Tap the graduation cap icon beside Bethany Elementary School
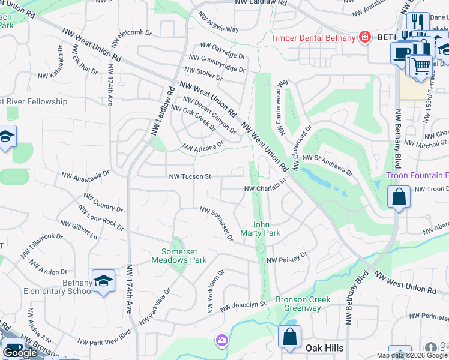point(103,281)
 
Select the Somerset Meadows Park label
point(184,256)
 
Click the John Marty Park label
point(261,229)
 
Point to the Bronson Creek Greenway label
point(298,304)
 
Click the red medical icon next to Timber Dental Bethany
point(364,37)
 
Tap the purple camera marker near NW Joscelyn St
point(222,341)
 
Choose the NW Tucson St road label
point(190,177)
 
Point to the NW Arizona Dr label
point(203,146)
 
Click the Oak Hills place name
point(325,349)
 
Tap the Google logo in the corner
point(20,353)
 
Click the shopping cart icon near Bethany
point(421,64)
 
